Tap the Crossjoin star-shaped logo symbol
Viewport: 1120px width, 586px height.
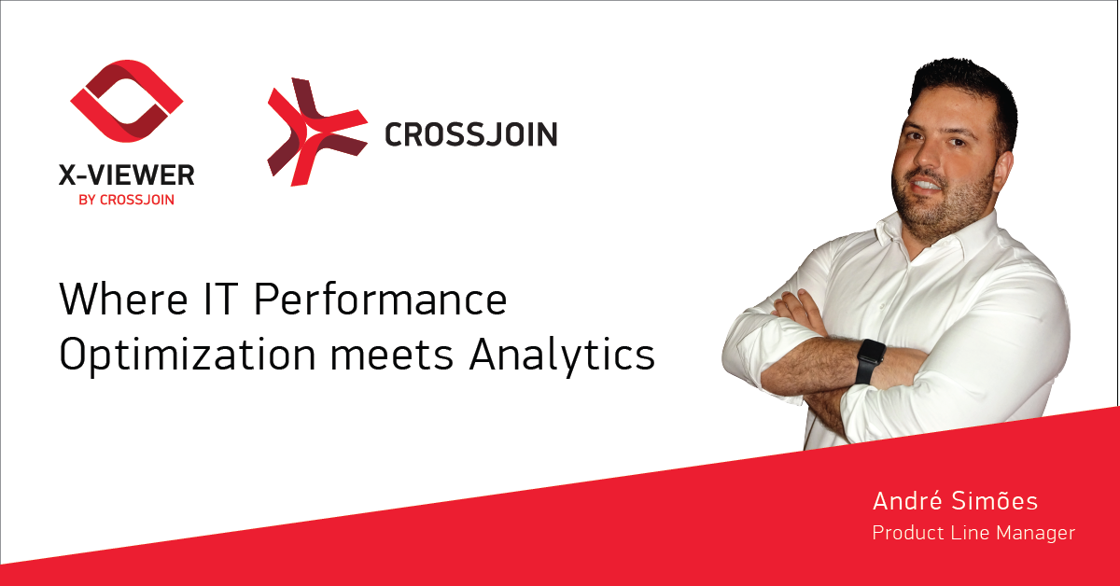point(317,132)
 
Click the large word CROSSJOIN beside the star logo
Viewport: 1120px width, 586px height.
point(470,134)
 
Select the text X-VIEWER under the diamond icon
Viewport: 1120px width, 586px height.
point(127,175)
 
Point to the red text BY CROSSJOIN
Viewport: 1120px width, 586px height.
point(127,200)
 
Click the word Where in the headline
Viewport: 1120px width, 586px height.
point(123,299)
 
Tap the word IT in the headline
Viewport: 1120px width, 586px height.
point(219,299)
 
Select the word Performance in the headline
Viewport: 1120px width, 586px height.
point(380,299)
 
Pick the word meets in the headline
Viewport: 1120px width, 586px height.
point(391,356)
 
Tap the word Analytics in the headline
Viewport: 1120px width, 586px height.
point(562,356)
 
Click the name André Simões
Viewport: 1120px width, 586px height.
point(955,501)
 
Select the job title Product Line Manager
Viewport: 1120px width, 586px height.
point(973,533)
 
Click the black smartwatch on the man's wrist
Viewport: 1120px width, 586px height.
point(870,361)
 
